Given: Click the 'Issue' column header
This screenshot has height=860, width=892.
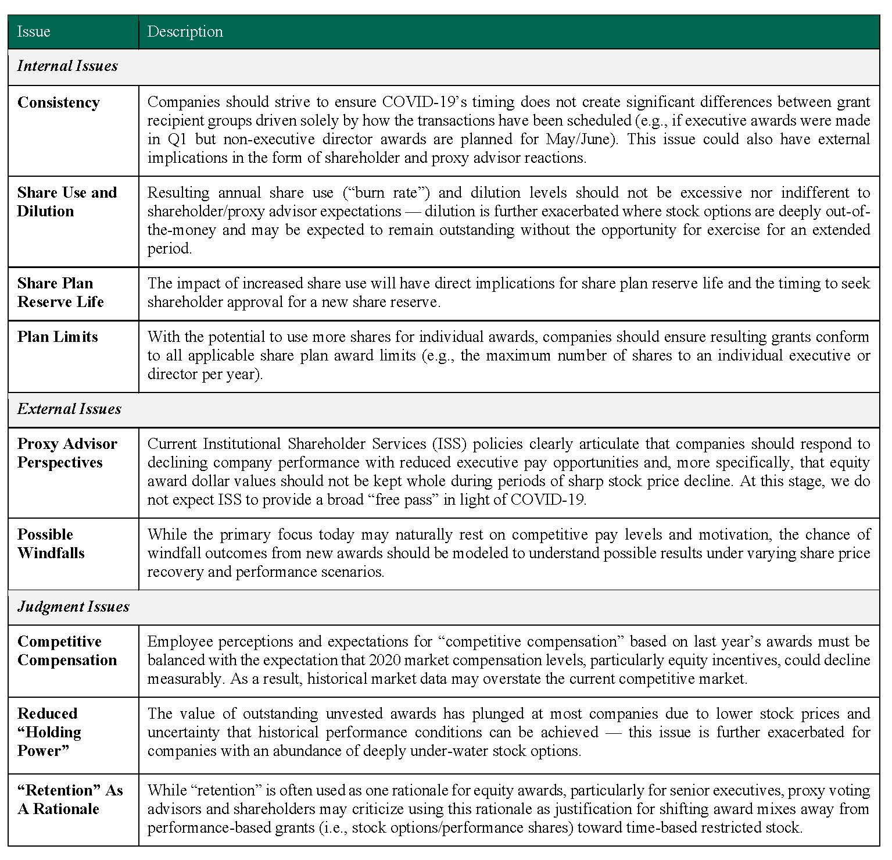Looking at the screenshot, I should click(34, 31).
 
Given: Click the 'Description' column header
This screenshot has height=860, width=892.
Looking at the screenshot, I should click(185, 31).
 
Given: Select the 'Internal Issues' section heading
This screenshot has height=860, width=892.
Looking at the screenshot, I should click(67, 66).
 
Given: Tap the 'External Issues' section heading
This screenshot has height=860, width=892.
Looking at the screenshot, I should click(69, 409).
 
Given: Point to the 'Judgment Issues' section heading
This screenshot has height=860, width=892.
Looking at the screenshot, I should click(73, 606).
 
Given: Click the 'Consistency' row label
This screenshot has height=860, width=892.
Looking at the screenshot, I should click(59, 102).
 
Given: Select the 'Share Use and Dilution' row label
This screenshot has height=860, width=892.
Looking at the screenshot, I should click(67, 202).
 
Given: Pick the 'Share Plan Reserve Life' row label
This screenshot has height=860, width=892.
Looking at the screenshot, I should click(60, 292).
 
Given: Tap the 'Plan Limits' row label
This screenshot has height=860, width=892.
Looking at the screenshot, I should click(58, 337).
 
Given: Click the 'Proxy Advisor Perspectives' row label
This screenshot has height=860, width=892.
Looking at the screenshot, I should click(67, 453).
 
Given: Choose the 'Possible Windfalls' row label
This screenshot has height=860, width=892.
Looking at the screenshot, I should click(51, 544).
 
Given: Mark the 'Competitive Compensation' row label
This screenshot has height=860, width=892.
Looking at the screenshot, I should click(67, 651).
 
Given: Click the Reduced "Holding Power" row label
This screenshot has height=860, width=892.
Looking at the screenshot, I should click(49, 732).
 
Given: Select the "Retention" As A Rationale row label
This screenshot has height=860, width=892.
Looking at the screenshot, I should click(70, 800).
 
